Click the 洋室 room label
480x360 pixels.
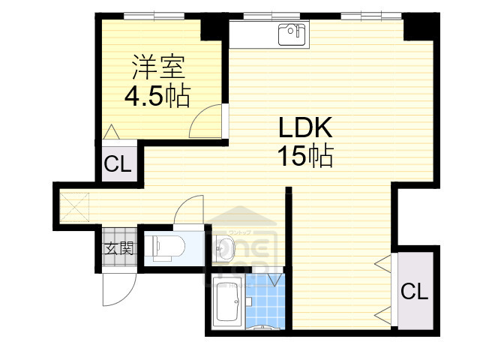click(x=157, y=67)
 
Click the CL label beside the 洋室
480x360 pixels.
click(x=118, y=163)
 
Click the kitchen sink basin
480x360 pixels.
click(x=291, y=34)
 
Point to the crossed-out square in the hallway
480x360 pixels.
click(x=75, y=205)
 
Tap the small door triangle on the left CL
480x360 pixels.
click(x=110, y=132)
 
